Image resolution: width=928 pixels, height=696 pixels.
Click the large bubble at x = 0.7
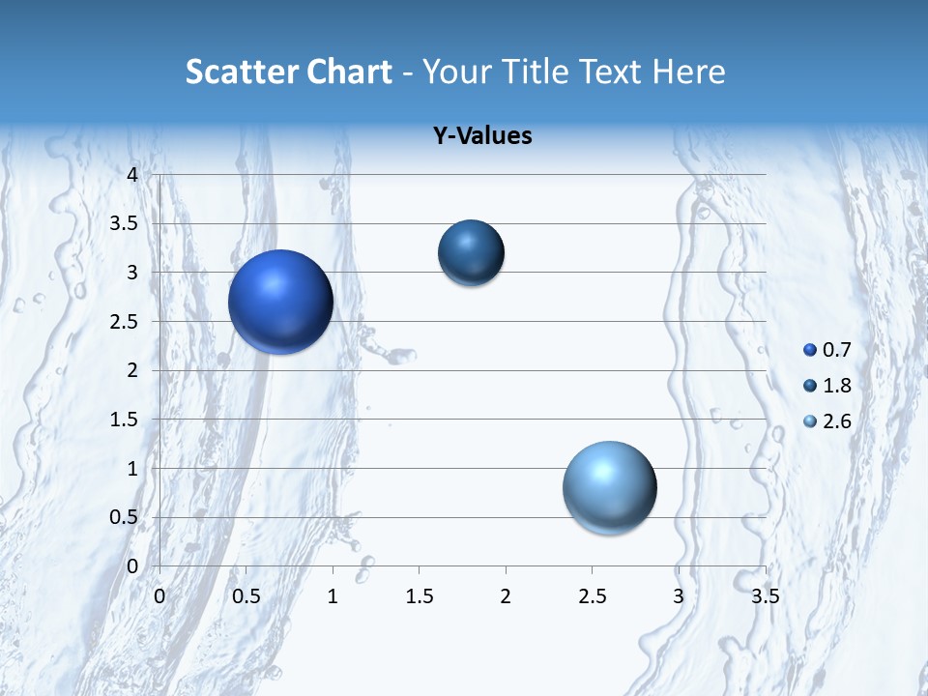click(x=280, y=302)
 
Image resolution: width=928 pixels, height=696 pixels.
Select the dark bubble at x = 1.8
click(x=471, y=252)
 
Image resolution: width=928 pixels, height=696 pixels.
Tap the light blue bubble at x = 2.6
click(x=609, y=487)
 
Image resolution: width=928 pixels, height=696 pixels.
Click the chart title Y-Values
click(x=481, y=136)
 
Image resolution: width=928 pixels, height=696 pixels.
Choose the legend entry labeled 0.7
click(x=827, y=350)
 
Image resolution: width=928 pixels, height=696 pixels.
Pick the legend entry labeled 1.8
click(x=827, y=386)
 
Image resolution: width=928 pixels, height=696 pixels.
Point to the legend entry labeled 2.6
click(x=827, y=421)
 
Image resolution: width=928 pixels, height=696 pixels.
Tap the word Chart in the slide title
click(x=349, y=72)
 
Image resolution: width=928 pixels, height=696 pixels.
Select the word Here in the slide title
click(x=688, y=72)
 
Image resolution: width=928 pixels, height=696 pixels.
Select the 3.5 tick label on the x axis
click(x=765, y=596)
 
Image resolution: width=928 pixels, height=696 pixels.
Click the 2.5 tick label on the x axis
click(x=592, y=596)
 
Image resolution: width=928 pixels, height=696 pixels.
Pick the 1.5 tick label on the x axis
click(x=419, y=596)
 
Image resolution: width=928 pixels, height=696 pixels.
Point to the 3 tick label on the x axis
click(x=679, y=596)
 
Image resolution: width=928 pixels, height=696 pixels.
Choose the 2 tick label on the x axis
click(x=506, y=596)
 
